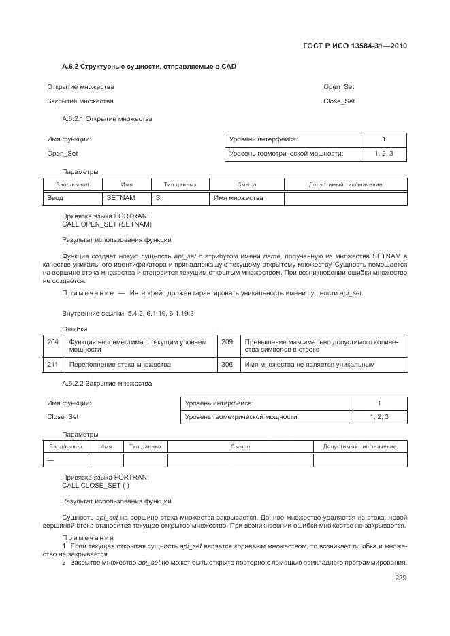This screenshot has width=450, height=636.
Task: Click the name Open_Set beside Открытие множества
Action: pos(338,87)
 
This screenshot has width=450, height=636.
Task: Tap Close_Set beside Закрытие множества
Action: pos(339,101)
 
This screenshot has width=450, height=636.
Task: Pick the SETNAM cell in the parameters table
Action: pos(121,198)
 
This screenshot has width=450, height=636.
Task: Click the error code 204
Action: pos(52,341)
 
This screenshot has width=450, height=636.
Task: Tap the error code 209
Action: pos(227,341)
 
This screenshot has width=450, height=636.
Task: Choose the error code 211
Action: pos(52,365)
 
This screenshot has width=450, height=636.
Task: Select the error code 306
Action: pos(227,365)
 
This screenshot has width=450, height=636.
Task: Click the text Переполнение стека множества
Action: pos(120,365)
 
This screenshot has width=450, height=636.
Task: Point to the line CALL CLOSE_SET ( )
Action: pos(95,486)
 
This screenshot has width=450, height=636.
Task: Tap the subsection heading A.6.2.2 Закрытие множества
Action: pos(107,384)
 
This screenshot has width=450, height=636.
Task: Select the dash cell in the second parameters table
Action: pos(50,461)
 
